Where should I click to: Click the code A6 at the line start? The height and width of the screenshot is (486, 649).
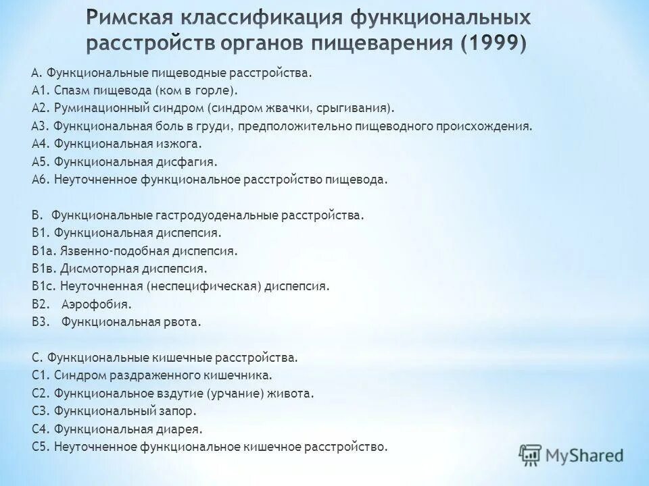click(39, 180)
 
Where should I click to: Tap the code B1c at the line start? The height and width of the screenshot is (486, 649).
click(42, 286)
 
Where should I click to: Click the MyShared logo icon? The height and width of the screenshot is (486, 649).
click(531, 454)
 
